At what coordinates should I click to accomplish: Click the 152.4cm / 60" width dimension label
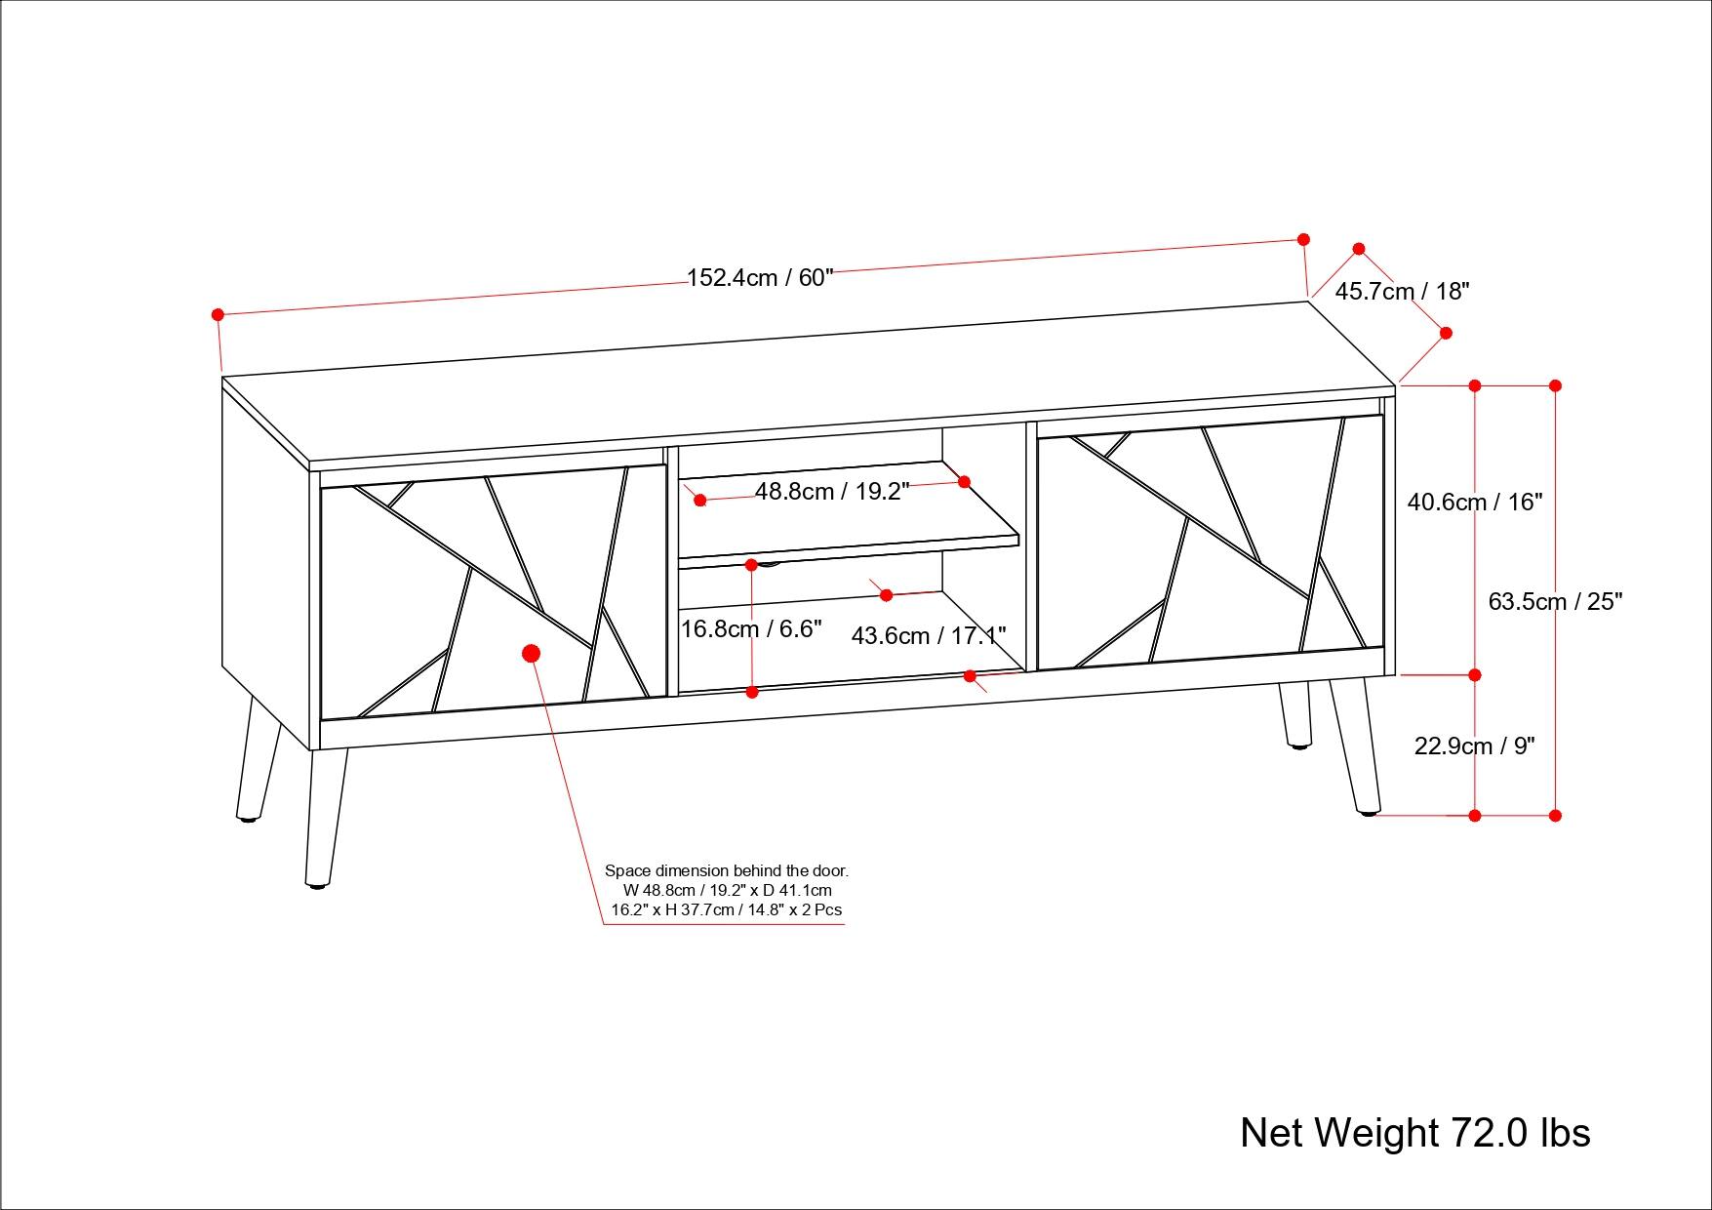point(760,278)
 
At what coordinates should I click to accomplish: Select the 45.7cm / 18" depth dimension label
point(1402,291)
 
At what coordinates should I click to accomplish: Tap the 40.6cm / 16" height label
point(1474,502)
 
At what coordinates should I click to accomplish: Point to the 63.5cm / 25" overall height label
point(1554,601)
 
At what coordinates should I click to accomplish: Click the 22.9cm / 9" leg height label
point(1474,746)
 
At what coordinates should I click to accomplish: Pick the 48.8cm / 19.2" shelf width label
point(831,491)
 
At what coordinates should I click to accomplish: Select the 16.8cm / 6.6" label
point(751,629)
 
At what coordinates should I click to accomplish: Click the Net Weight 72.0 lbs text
point(1414,1133)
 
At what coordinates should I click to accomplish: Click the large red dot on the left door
point(532,653)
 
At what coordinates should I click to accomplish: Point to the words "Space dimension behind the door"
point(727,870)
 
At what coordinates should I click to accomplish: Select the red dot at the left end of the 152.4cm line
point(219,314)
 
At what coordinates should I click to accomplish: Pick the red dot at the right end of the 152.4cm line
point(1303,239)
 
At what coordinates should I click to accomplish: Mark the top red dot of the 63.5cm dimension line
point(1555,385)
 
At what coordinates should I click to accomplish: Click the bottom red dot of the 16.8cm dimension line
point(752,692)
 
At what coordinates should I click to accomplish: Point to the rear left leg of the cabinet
point(256,761)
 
